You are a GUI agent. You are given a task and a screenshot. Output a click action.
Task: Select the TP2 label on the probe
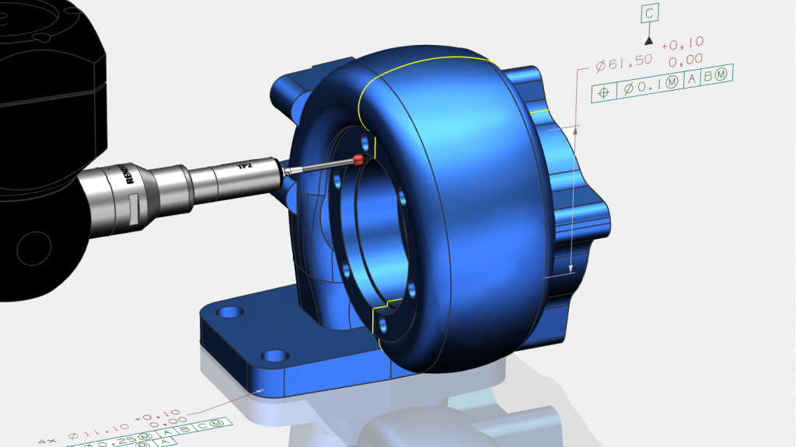(243, 168)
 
